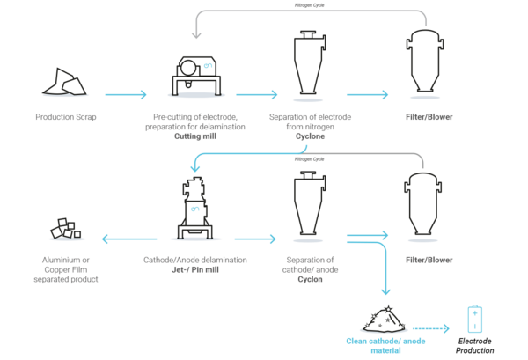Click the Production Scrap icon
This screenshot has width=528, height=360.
[64, 82]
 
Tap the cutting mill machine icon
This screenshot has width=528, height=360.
[196, 76]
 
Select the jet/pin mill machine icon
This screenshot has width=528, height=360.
[195, 208]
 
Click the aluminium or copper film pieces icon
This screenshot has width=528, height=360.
[66, 228]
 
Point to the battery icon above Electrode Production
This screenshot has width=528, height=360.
[475, 319]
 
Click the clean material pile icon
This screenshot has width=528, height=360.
[385, 320]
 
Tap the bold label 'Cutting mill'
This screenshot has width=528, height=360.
[195, 136]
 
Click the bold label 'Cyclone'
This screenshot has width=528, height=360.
[310, 136]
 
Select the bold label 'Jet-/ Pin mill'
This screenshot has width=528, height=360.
[195, 269]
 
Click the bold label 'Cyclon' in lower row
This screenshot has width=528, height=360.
[310, 279]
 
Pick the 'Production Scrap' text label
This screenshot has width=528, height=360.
[66, 117]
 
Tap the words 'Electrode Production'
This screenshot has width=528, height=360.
[475, 346]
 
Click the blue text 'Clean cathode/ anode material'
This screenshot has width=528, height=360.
[385, 346]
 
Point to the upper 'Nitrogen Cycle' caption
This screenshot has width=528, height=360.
[310, 5]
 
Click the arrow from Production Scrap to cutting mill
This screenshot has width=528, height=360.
[126, 95]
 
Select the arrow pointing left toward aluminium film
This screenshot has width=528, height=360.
[129, 239]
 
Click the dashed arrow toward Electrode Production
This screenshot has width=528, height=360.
[431, 328]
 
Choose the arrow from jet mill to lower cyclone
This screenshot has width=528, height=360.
[255, 239]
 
